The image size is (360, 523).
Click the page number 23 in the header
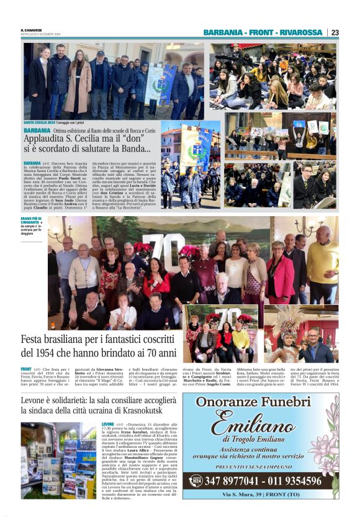[335, 32]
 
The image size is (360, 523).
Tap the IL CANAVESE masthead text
[30, 29]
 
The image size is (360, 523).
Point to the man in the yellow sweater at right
[323, 264]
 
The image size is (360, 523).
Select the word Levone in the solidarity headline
[35, 383]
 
